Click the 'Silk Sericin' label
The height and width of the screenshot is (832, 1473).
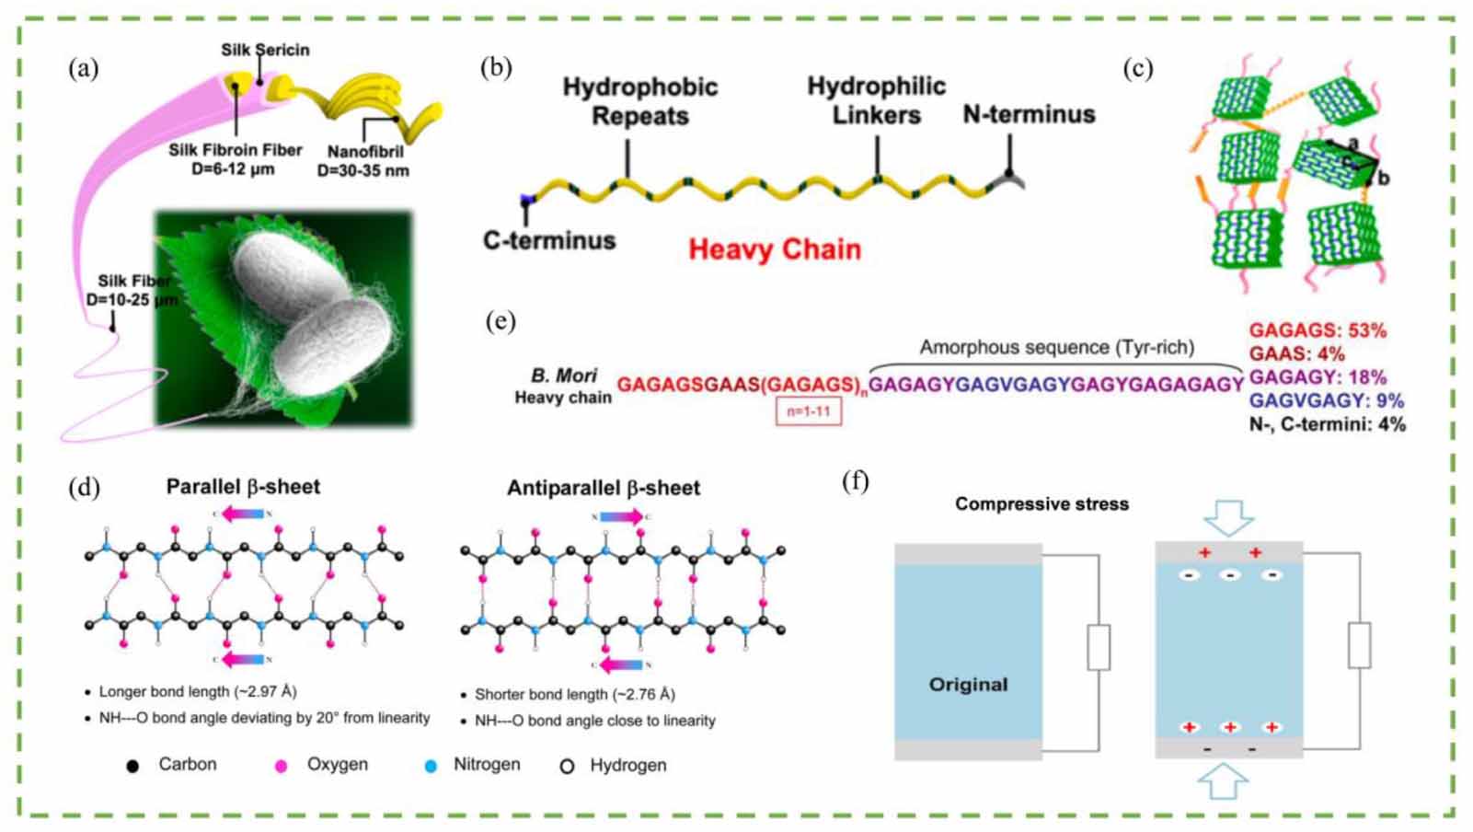tap(265, 50)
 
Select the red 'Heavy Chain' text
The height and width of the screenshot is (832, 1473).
tap(775, 249)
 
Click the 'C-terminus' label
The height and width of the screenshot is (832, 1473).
tap(549, 240)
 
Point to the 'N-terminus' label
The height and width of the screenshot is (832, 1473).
tap(1029, 114)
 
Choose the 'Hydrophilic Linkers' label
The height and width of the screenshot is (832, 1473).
tap(876, 100)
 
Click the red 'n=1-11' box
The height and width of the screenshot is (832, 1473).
tap(808, 411)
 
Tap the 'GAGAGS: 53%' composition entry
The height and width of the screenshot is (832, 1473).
tap(1317, 330)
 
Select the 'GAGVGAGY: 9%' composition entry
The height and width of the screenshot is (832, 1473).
tap(1326, 400)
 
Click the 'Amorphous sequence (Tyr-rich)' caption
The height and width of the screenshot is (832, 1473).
tap(1056, 347)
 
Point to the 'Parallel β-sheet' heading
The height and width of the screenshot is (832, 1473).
tap(243, 487)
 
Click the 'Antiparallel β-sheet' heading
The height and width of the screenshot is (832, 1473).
tap(604, 488)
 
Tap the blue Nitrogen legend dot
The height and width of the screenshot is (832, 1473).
tap(430, 766)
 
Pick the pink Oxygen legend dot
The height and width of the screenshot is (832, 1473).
tap(282, 766)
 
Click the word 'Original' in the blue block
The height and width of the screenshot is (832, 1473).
tap(968, 684)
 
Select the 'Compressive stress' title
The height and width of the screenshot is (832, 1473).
tap(1041, 503)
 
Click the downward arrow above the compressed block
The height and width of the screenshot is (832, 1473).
tap(1229, 517)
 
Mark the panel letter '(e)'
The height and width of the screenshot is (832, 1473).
tap(500, 321)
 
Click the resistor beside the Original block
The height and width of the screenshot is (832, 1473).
tap(1098, 647)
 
